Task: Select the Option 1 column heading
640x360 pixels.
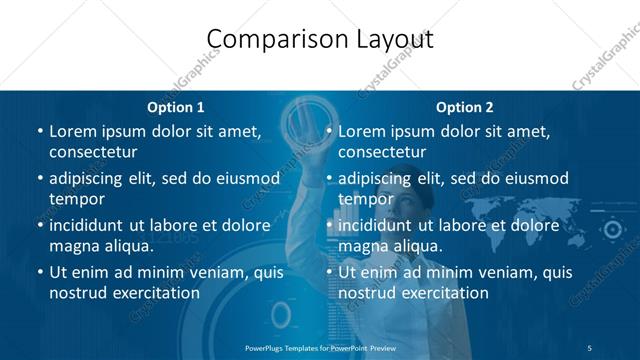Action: (176, 108)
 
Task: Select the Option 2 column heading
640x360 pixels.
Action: (465, 108)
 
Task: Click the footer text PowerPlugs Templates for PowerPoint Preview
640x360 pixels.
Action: (320, 347)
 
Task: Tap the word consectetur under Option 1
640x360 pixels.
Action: (93, 152)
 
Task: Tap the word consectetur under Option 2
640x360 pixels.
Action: (382, 152)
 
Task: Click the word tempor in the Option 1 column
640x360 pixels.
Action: (76, 199)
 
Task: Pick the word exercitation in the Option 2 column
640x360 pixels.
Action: (443, 293)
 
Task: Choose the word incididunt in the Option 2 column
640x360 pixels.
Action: (379, 226)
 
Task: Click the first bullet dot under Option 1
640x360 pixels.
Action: (40, 132)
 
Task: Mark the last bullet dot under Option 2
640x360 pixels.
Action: (329, 272)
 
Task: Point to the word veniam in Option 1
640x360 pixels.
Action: (209, 272)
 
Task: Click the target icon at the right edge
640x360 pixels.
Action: (612, 230)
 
